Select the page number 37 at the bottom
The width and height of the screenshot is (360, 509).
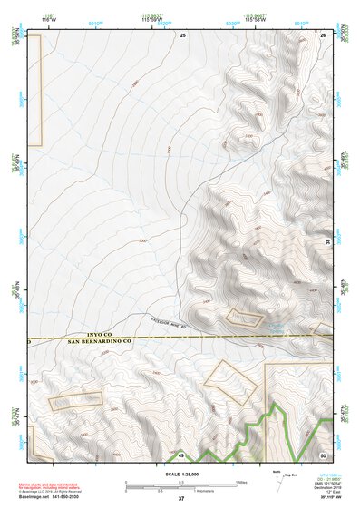point(181,499)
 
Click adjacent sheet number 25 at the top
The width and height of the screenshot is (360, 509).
point(182,34)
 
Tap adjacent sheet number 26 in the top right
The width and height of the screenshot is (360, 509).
point(324,34)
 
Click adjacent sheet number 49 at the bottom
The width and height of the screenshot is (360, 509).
point(181,455)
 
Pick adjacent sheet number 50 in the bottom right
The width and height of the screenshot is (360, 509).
point(324,455)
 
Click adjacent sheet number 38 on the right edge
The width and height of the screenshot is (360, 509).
point(328,242)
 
